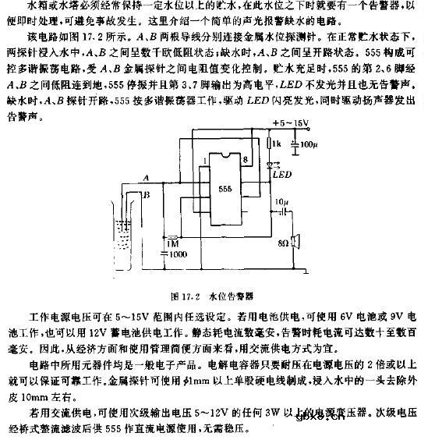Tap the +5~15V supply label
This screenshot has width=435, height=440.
[x=288, y=124]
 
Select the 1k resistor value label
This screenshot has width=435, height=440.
[x=277, y=145]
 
